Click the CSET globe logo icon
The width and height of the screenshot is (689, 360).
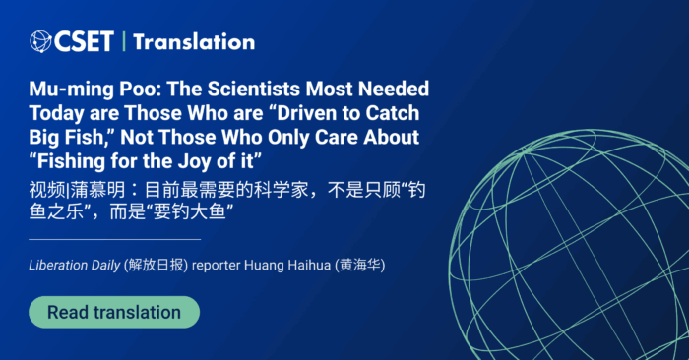(40, 41)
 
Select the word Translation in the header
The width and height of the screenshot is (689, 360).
(194, 41)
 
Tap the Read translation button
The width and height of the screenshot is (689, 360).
(114, 313)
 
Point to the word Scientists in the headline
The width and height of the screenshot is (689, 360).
(243, 89)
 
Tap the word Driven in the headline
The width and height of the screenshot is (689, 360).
(305, 112)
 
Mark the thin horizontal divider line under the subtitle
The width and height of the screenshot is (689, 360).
(114, 239)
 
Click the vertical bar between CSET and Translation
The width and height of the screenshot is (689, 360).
(124, 41)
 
